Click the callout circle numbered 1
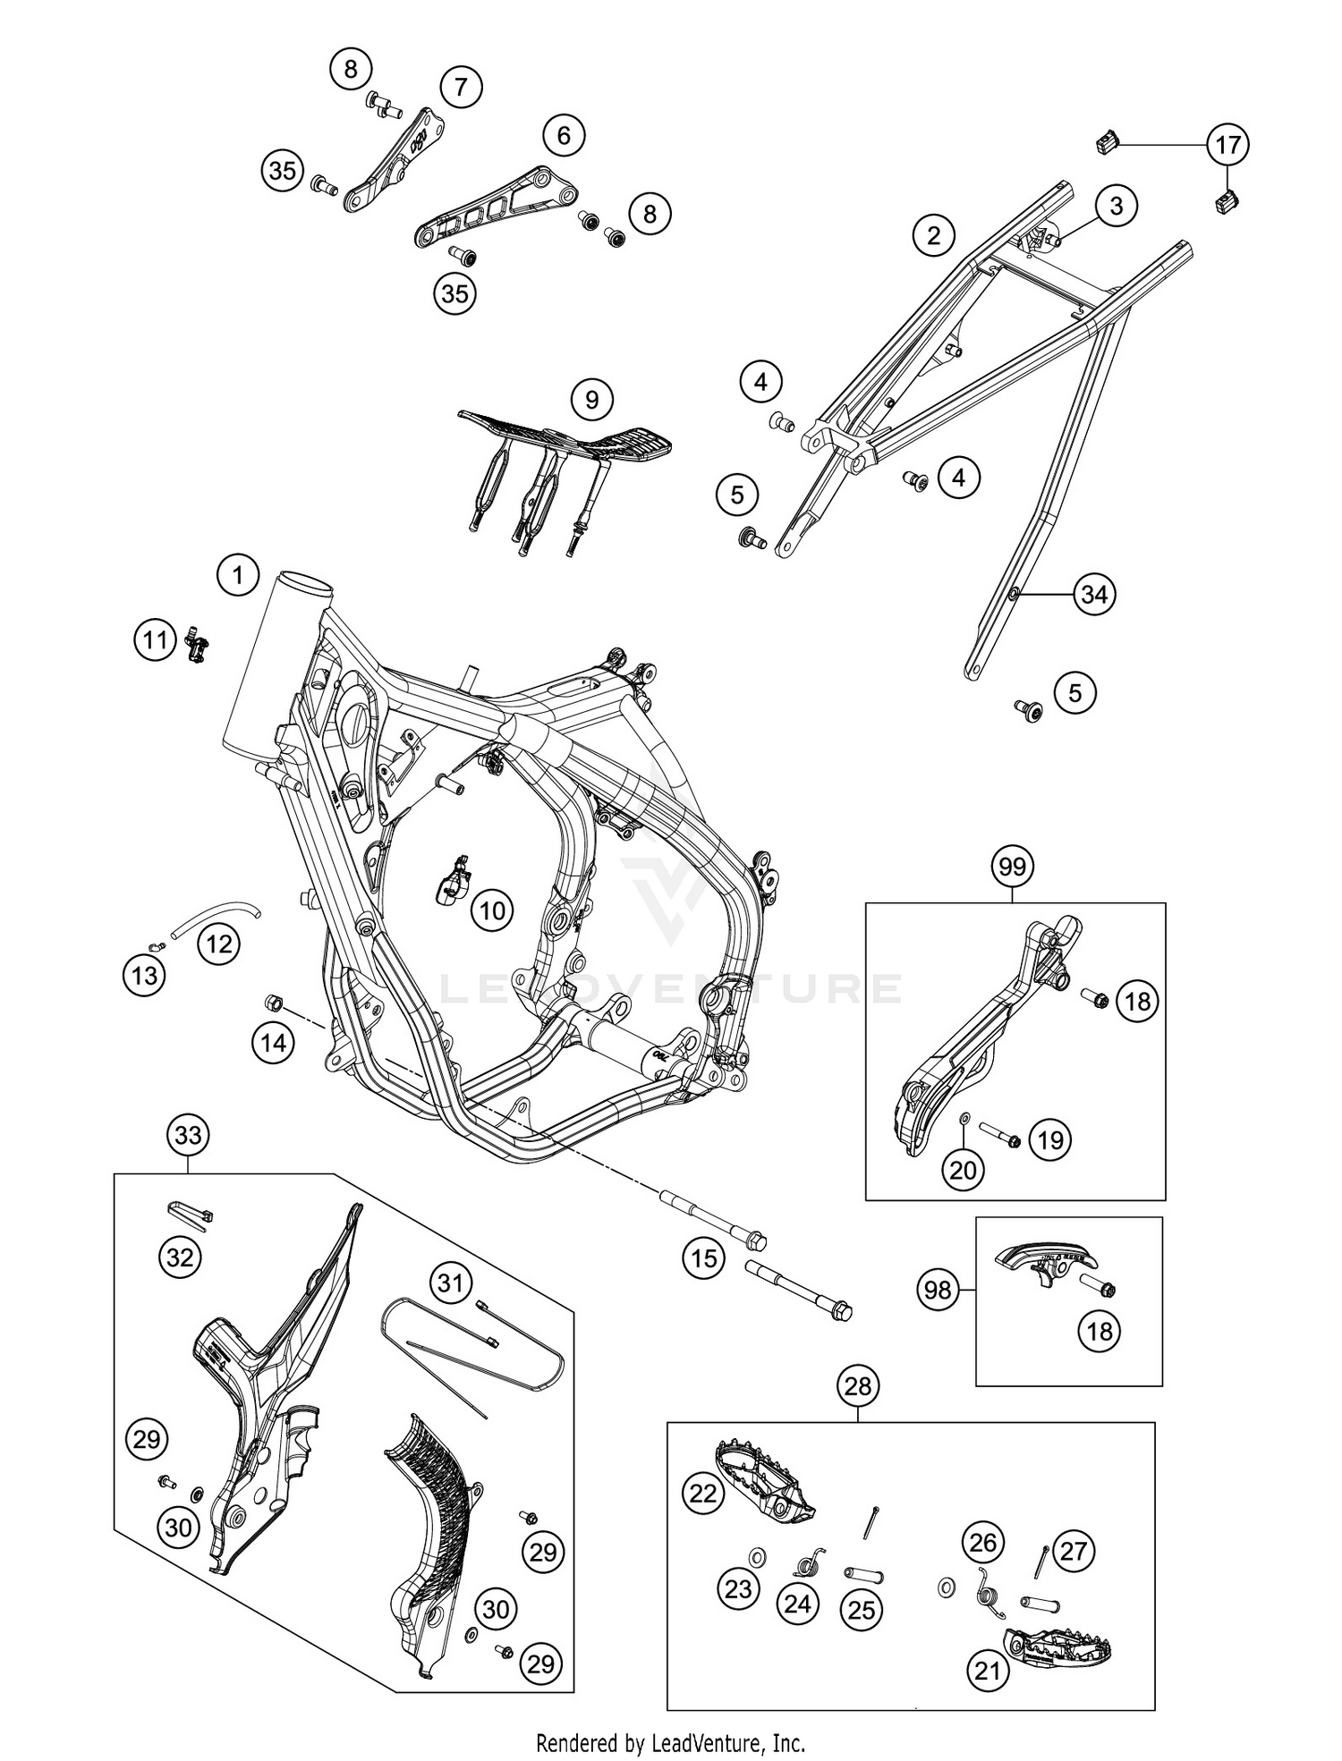pos(237,574)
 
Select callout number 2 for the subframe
pos(934,235)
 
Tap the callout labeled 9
pos(591,399)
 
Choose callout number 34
pos(1094,594)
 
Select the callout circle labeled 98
pos(938,1290)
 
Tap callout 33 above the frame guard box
pos(188,1135)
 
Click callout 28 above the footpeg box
pos(857,1386)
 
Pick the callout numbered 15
pos(703,1258)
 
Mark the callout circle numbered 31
pos(450,1283)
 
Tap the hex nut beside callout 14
pos(275,1001)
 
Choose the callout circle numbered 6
pos(564,135)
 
